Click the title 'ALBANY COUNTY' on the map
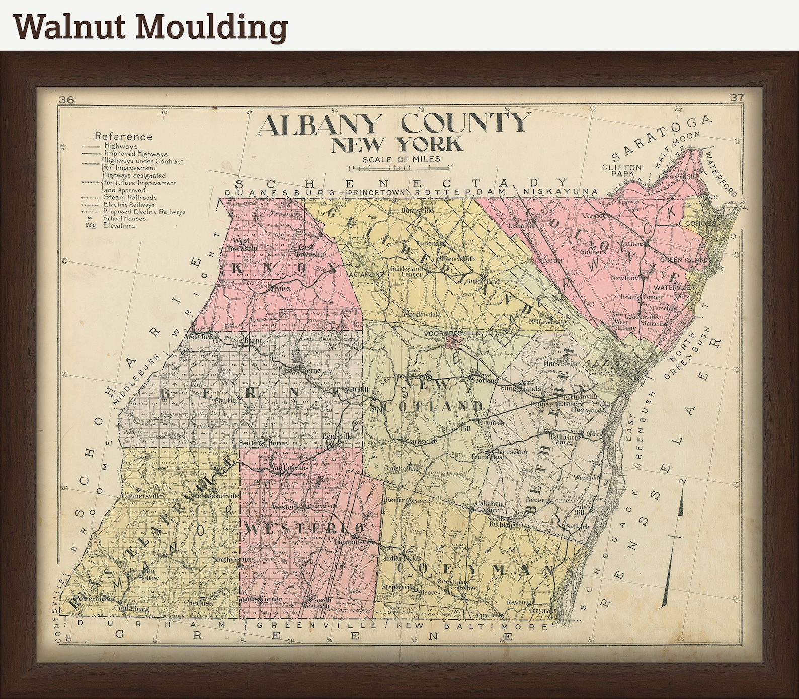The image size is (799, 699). pos(393,124)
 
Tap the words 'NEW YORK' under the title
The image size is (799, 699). pos(396,144)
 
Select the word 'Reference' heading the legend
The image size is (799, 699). pos(123,136)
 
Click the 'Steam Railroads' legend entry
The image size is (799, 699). pos(130,198)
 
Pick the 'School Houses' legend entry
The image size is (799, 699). pos(125,219)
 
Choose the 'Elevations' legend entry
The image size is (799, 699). pos(119,226)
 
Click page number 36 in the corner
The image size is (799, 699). pos(66,100)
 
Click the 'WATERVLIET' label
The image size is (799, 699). pos(674,288)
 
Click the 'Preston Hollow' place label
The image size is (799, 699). pos(144,575)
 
